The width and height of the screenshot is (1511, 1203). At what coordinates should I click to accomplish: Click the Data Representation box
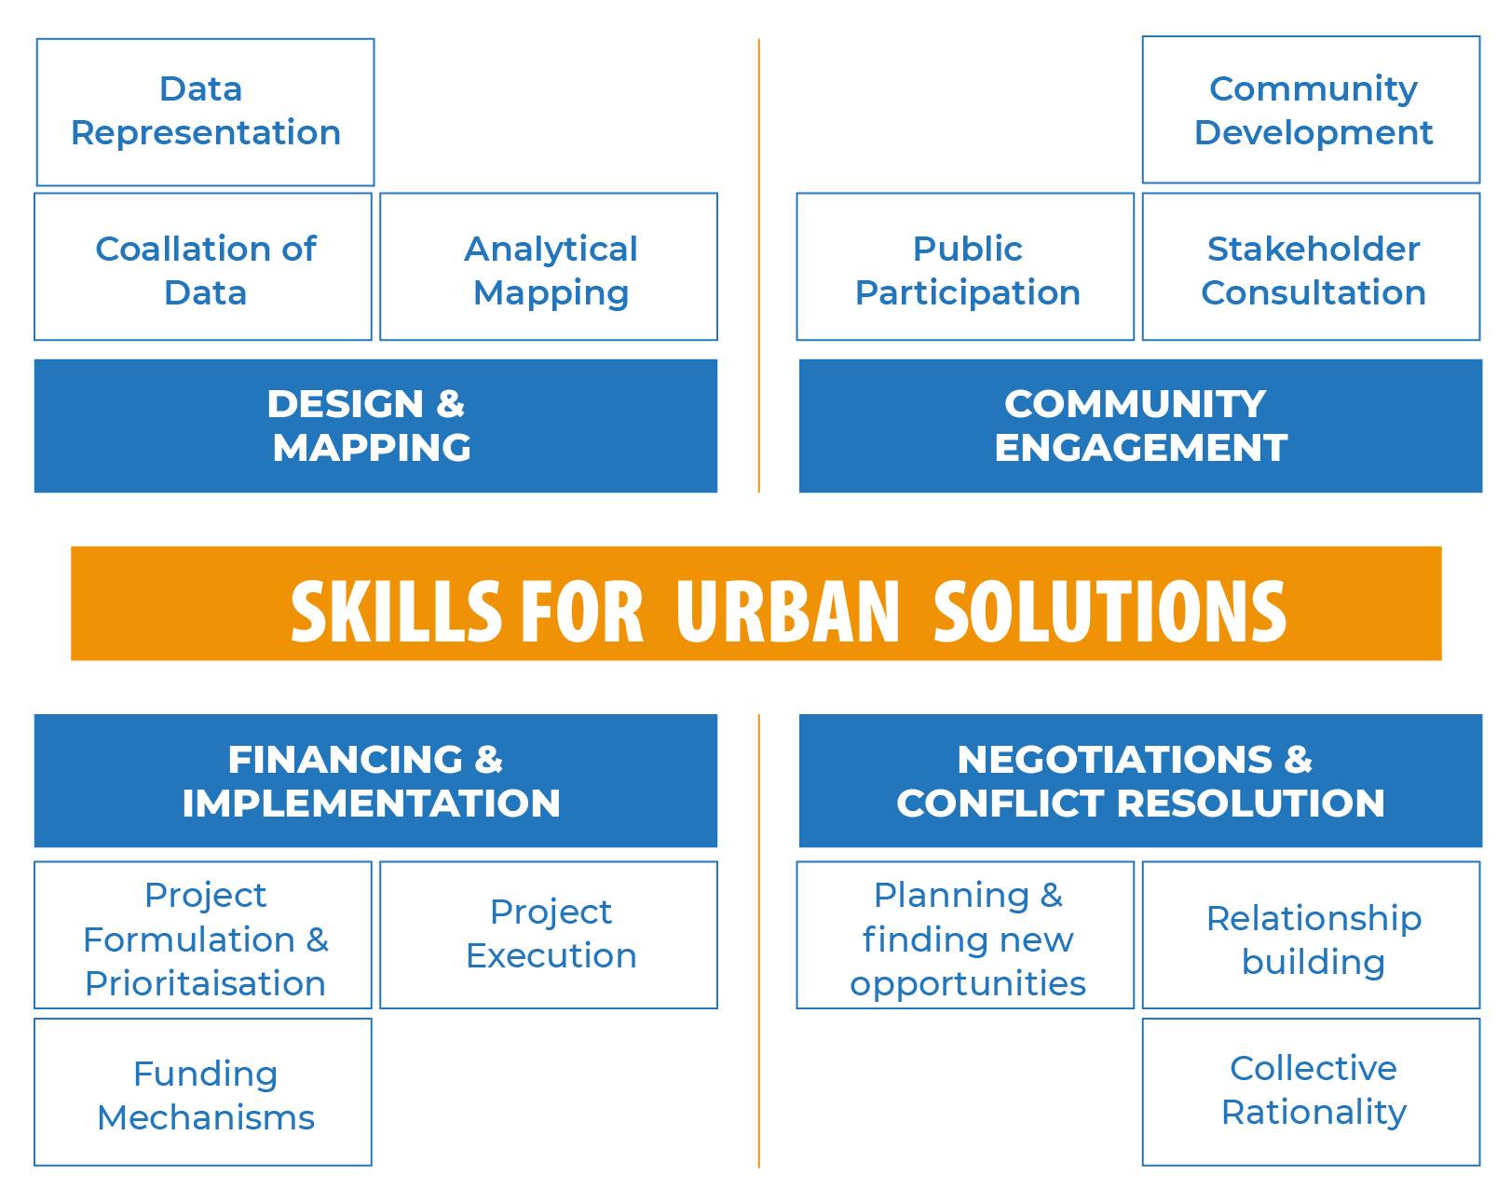point(205,113)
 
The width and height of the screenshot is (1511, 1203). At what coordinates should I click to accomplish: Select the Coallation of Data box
point(203,266)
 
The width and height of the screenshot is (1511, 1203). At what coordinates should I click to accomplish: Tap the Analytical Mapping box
point(549,266)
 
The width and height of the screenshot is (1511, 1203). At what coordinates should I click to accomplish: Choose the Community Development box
point(1311,110)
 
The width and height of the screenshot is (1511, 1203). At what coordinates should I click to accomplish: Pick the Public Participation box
point(965,266)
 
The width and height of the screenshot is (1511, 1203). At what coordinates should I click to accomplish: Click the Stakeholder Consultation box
point(1311,266)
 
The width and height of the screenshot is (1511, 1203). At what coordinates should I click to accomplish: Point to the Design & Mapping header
point(375,426)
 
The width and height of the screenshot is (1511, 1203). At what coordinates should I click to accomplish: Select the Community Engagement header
point(1140,426)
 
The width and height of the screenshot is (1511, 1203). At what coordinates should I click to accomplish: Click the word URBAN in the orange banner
point(787,612)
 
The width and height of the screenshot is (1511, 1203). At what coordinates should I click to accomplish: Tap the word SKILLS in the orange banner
point(396,612)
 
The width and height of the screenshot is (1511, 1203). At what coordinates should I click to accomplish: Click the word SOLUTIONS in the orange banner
point(1110,612)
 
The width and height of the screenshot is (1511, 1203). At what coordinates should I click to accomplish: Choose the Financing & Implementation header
point(375,780)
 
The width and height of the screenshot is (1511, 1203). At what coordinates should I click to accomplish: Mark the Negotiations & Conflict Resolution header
point(1140,780)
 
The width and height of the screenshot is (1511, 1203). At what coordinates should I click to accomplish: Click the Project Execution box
point(549,935)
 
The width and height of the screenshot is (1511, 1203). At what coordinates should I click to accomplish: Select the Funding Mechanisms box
point(203,1092)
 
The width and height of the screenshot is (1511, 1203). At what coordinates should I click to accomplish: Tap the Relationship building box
point(1311,935)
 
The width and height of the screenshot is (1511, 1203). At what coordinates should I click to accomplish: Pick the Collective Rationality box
point(1311,1092)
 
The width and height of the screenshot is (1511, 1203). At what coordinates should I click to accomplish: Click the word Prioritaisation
point(205,983)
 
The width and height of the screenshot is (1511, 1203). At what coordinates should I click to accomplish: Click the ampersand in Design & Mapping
point(450,403)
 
